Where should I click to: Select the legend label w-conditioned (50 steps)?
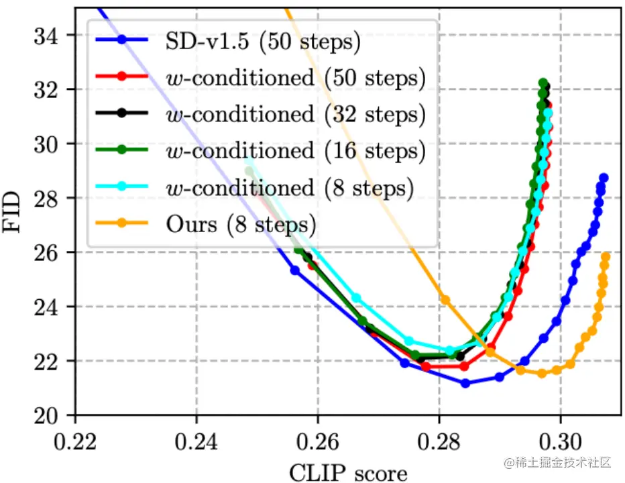coord(295,78)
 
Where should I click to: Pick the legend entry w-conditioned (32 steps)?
coord(295,114)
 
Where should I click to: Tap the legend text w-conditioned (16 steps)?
coord(295,150)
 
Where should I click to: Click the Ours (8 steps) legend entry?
coord(241,223)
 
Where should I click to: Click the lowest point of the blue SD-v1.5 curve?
coord(465,383)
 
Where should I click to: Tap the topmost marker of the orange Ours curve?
coord(606,256)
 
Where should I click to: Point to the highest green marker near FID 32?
coord(543,83)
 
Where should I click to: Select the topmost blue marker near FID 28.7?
coord(604,178)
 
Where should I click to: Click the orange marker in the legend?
coord(123,223)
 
